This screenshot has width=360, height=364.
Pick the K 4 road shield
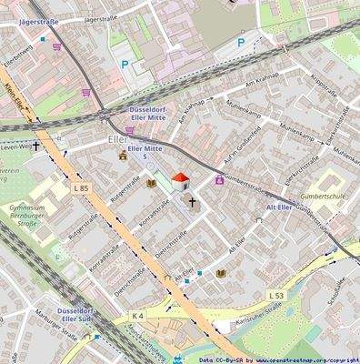click(x=137, y=316)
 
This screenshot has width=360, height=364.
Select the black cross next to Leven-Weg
click(x=37, y=145)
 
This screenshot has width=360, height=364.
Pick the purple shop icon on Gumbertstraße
click(x=218, y=180)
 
